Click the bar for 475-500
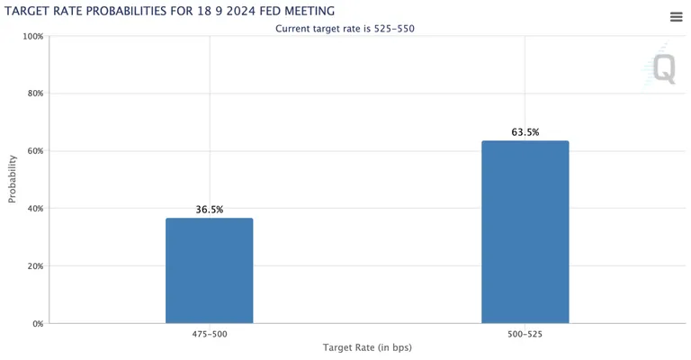[210, 271]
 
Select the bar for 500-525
[525, 232]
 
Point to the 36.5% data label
[210, 210]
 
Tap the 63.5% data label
[525, 132]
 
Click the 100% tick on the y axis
[33, 36]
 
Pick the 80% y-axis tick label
[35, 94]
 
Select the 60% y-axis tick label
[35, 150]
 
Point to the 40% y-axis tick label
[35, 209]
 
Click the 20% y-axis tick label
[35, 266]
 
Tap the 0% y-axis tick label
[38, 324]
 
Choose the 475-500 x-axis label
[210, 334]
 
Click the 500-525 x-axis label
[525, 334]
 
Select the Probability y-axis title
[12, 179]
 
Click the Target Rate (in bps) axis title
[367, 347]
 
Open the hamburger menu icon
[676, 17]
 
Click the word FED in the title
[270, 11]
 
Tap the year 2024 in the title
[240, 11]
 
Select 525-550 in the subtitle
[394, 29]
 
